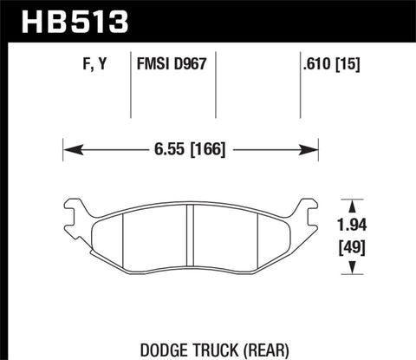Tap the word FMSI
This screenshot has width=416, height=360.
tap(154, 62)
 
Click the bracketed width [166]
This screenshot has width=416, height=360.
tap(206, 148)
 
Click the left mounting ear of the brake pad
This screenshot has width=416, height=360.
tap(77, 211)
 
